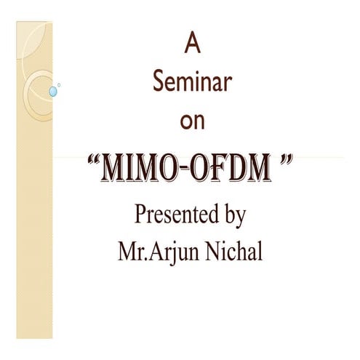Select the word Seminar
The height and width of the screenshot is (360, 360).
[192, 82]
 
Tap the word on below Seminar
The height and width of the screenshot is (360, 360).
[192, 121]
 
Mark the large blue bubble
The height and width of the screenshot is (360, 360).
[52, 92]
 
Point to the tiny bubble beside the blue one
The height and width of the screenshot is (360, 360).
[59, 84]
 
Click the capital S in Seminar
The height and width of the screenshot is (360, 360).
[158, 82]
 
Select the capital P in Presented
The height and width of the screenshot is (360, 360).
[140, 215]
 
